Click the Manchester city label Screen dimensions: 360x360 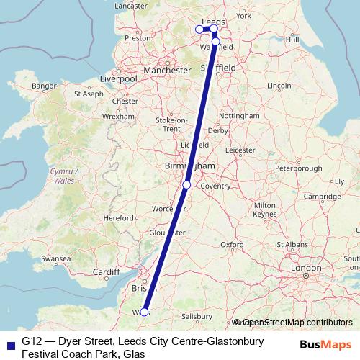166,71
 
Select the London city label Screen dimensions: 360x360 305,268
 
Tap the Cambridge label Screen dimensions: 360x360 321,197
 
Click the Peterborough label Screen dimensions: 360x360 298,168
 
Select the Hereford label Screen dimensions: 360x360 120,217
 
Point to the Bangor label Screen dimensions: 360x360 44,86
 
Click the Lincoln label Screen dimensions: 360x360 278,86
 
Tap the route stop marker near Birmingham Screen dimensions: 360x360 186,185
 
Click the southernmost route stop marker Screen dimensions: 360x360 144,312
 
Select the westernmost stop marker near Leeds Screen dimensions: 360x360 199,30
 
